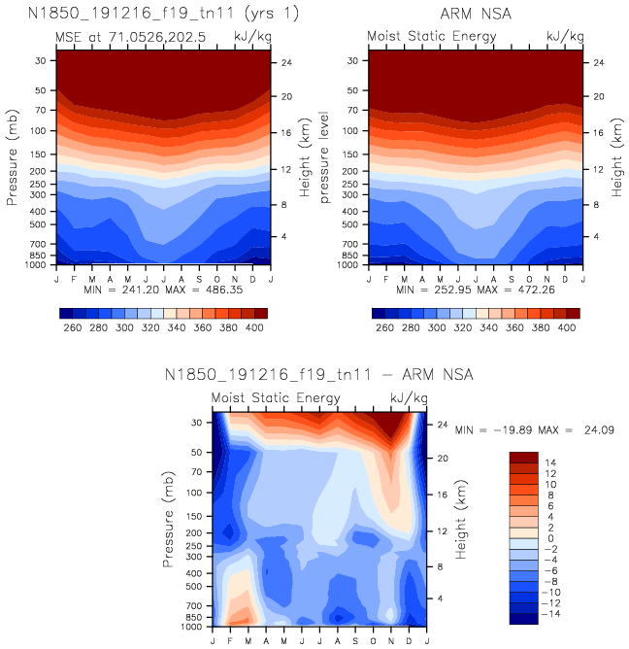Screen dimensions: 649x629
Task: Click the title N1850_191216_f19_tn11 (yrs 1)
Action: pos(163,15)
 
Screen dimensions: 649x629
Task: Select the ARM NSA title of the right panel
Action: pos(476,15)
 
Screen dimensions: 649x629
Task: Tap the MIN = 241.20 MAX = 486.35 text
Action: pos(163,290)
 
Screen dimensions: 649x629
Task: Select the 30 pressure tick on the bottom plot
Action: pos(196,423)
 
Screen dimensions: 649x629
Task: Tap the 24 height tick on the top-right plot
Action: pos(600,62)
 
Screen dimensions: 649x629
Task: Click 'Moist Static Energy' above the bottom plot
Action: pos(277,398)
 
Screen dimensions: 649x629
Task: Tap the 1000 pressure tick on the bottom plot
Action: pos(191,627)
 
